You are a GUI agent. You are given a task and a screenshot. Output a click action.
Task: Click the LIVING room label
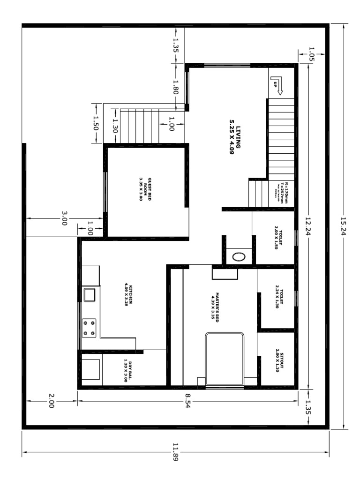point(235,140)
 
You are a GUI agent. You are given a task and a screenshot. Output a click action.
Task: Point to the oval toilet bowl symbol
point(238,257)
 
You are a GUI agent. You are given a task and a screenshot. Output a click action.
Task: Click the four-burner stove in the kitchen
point(89,328)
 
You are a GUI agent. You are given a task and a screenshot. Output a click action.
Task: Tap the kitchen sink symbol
point(90,295)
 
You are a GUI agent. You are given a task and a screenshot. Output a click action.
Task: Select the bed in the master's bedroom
point(225,359)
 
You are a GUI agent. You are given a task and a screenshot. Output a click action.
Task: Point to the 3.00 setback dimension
point(65,218)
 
